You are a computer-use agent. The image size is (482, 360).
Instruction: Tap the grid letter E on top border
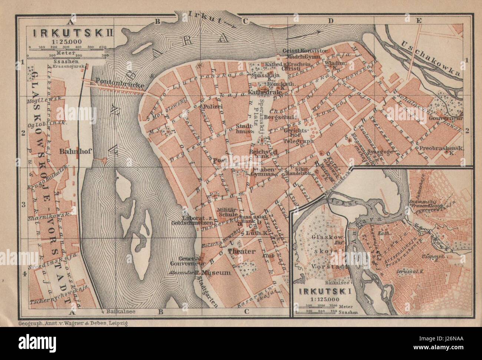[x=419, y=21]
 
